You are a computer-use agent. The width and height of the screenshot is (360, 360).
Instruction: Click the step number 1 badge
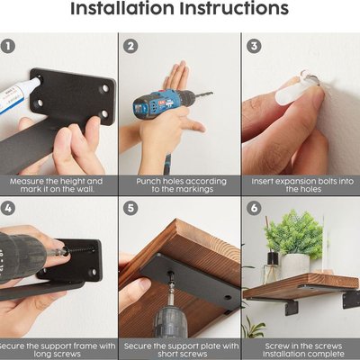pyautogui.click(x=8, y=47)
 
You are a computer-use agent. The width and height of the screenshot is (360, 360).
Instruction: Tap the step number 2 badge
pyautogui.click(x=130, y=47)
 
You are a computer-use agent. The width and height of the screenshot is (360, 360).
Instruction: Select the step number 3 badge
pyautogui.click(x=254, y=47)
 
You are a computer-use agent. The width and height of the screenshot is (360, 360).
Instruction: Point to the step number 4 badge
pyautogui.click(x=8, y=208)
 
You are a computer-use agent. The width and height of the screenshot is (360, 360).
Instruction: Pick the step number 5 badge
pyautogui.click(x=130, y=208)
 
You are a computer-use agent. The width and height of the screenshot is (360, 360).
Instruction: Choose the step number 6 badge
pyautogui.click(x=254, y=208)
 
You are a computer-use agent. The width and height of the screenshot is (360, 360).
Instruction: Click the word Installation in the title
pyautogui.click(x=122, y=8)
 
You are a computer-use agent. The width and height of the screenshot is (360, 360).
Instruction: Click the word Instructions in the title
pyautogui.click(x=234, y=8)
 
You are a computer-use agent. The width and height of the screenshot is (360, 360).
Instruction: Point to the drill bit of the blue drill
pyautogui.click(x=204, y=94)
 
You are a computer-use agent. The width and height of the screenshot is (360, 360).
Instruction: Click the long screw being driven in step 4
pyautogui.click(x=78, y=249)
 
